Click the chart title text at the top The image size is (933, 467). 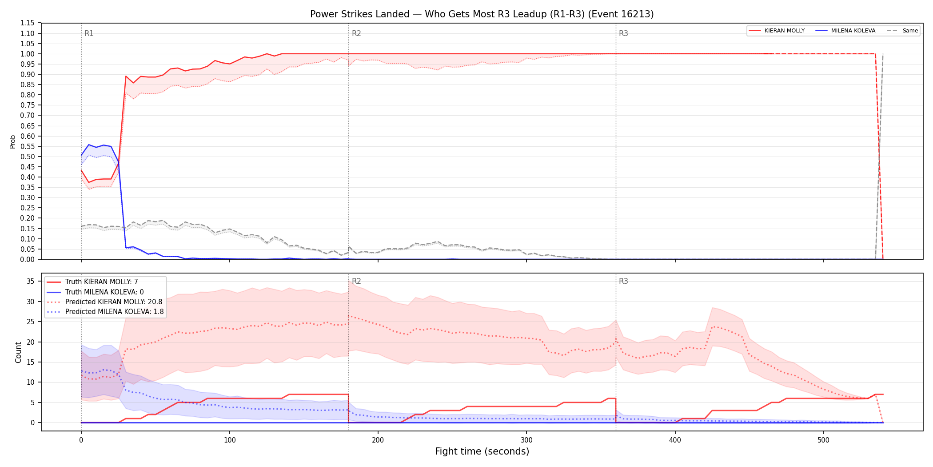pyautogui.click(x=482, y=14)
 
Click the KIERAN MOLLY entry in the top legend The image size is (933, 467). pyautogui.click(x=785, y=31)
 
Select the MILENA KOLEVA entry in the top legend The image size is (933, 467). pyautogui.click(x=853, y=31)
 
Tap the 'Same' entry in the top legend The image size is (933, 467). pyautogui.click(x=910, y=31)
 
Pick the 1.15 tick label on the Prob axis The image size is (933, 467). pyautogui.click(x=28, y=23)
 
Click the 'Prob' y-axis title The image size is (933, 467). pyautogui.click(x=12, y=141)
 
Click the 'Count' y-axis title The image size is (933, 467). pyautogui.click(x=18, y=352)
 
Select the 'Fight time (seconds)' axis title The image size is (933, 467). pyautogui.click(x=482, y=451)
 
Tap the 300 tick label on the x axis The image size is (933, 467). pyautogui.click(x=526, y=440)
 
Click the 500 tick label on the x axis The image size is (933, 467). pyautogui.click(x=823, y=440)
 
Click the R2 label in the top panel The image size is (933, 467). pyautogui.click(x=356, y=33)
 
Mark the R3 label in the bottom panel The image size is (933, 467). pyautogui.click(x=623, y=281)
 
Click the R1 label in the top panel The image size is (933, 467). pyautogui.click(x=89, y=33)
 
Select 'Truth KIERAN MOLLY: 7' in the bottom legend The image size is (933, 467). pyautogui.click(x=102, y=282)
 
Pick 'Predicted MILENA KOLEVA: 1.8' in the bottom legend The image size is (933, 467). pyautogui.click(x=115, y=312)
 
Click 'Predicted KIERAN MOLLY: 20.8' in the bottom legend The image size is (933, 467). pyautogui.click(x=114, y=302)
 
